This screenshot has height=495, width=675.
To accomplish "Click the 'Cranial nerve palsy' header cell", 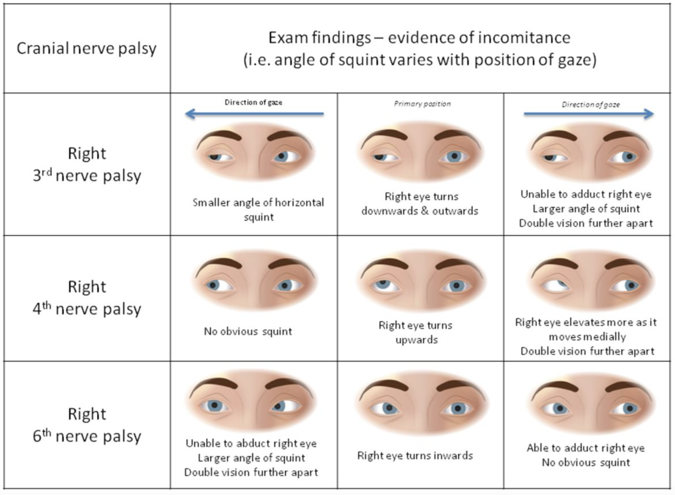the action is (86, 48).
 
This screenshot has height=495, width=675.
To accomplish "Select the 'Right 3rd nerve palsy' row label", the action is (87, 164).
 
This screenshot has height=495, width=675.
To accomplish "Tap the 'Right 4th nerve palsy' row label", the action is (87, 297).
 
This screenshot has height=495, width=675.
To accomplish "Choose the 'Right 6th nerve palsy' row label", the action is (87, 425).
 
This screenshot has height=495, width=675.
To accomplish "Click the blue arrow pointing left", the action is (254, 114).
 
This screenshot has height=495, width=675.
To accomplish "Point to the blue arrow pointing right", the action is (588, 114).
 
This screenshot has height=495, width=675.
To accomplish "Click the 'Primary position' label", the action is (422, 104).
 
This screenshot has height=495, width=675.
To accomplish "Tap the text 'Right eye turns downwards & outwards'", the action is (420, 203).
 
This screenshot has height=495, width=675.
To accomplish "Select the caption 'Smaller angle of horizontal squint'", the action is (258, 210).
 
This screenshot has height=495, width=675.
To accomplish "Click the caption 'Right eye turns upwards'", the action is (416, 332).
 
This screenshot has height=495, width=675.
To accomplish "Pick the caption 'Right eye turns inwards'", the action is (415, 456).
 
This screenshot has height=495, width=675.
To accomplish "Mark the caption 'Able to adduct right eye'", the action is (586, 448).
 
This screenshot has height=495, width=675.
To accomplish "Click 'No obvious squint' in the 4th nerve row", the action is (248, 331).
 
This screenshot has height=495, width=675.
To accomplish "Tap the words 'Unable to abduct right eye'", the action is (251, 443).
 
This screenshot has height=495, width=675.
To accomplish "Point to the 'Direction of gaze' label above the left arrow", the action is (253, 102).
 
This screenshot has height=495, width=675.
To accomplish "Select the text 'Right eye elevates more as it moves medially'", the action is (586, 329).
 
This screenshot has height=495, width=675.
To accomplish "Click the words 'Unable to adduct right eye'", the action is (586, 194).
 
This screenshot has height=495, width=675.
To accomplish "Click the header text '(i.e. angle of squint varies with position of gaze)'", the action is (420, 60).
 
